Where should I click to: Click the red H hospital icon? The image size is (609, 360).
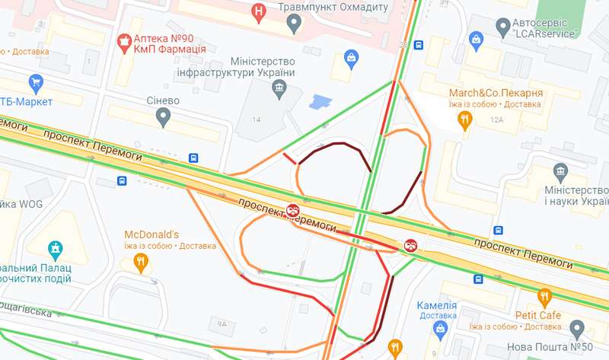tap(260, 11)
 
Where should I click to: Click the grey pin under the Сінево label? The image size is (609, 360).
tap(162, 117)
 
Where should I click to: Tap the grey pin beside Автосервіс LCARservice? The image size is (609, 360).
tap(502, 28)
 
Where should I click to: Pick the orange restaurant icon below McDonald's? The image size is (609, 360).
tap(140, 263)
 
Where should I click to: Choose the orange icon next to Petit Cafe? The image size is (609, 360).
tap(544, 297)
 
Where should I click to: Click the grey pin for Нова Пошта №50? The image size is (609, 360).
tap(576, 330)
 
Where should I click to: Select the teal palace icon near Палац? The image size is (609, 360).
tap(54, 248)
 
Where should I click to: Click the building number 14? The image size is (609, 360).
tap(257, 120)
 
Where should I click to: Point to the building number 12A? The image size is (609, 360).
tap(497, 120)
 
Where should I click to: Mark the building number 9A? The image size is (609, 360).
tap(222, 323)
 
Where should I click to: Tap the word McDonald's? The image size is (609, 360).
tap(151, 234)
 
